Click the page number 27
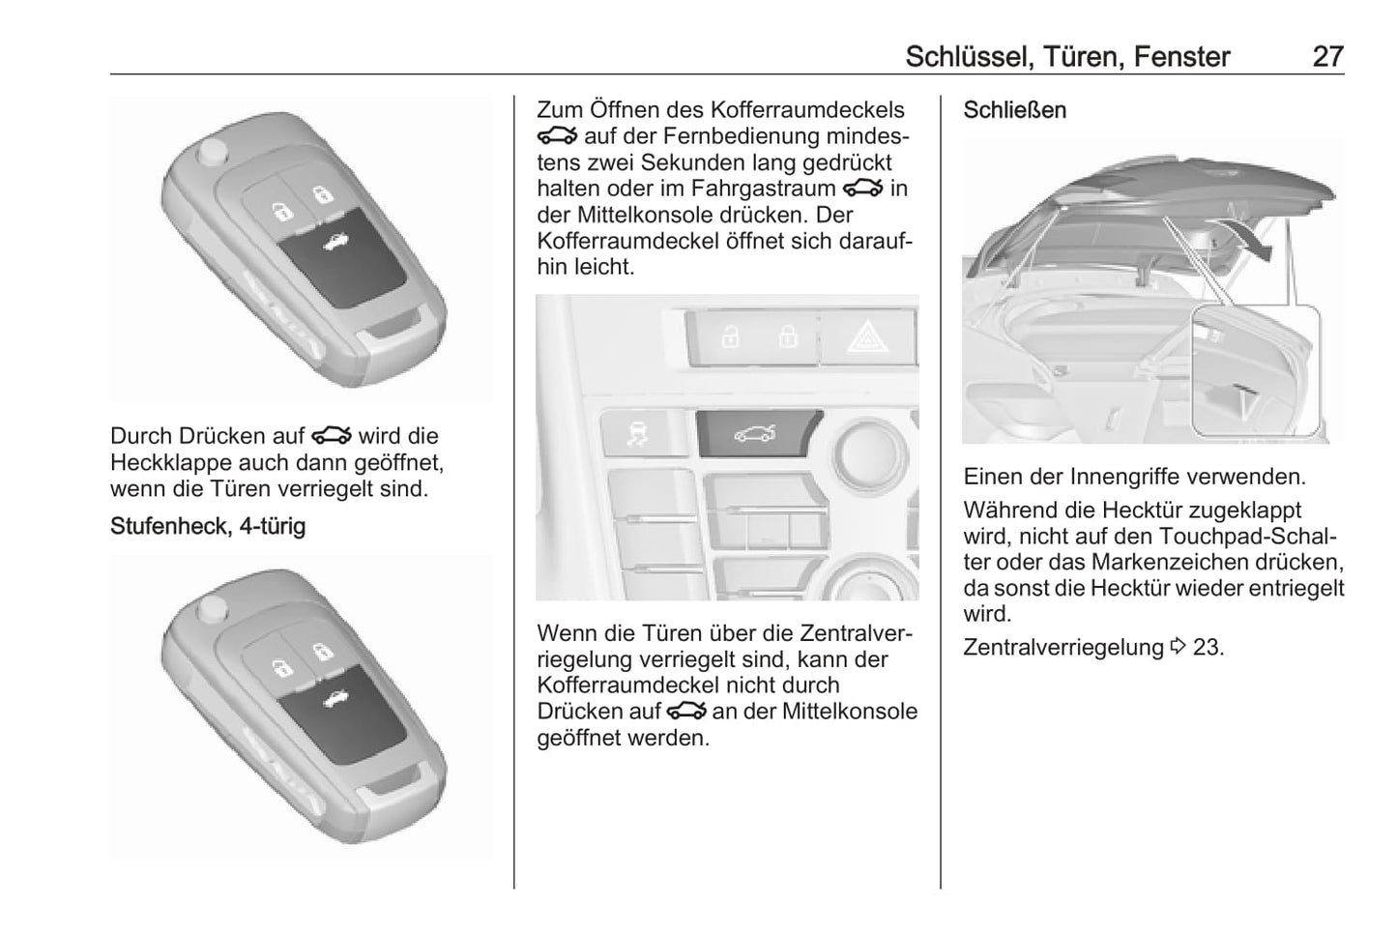tap(1328, 57)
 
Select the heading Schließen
tap(1015, 110)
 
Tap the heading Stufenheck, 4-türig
tap(208, 526)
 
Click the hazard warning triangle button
tap(867, 336)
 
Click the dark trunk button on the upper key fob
tap(342, 257)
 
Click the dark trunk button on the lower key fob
tap(342, 714)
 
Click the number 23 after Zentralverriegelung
tap(1208, 648)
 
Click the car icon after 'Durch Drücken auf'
tap(332, 435)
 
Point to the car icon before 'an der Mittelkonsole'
tap(686, 711)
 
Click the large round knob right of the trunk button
tap(869, 452)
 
